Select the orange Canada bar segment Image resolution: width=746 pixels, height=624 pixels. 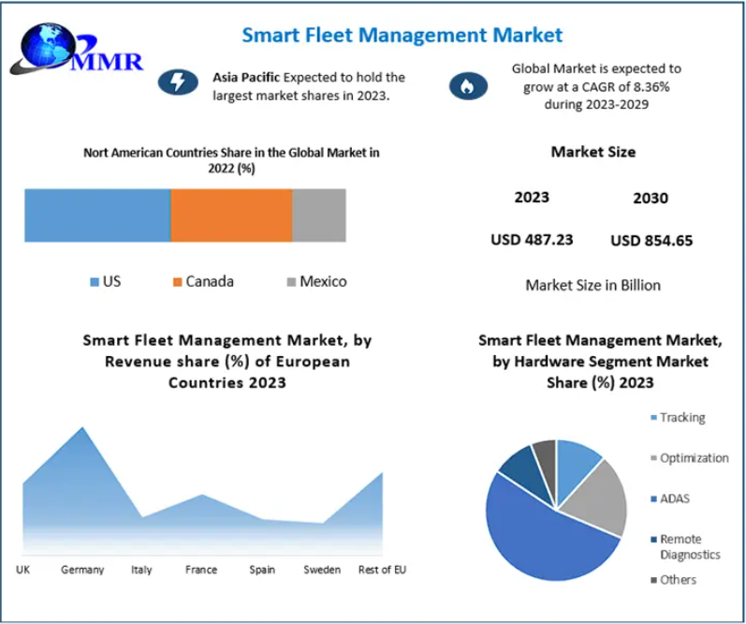[x=231, y=215]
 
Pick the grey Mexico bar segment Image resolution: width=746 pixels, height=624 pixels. [x=318, y=215]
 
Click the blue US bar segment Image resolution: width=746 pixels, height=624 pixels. [x=97, y=215]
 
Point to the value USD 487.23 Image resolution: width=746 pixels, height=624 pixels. [x=532, y=240]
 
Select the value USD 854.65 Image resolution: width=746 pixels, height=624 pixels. [x=651, y=241]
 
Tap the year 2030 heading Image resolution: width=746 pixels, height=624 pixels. [x=651, y=198]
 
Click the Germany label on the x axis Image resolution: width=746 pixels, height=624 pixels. [x=82, y=570]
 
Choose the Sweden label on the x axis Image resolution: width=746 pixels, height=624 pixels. [x=322, y=570]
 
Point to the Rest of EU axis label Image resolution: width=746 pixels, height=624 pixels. [x=382, y=570]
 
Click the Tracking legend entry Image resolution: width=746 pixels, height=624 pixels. [x=681, y=418]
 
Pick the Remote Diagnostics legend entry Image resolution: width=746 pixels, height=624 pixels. [x=688, y=546]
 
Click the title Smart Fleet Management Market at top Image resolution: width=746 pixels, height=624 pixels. [x=402, y=36]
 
